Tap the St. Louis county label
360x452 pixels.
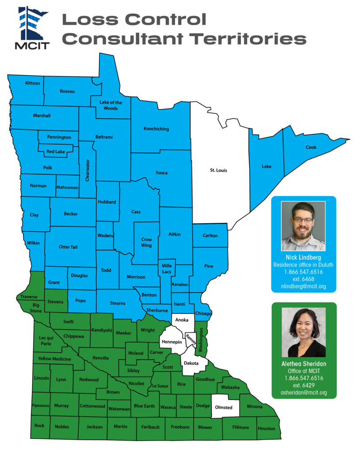218,170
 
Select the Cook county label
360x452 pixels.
311,147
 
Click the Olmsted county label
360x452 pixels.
224,407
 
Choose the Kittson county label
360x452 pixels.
33,83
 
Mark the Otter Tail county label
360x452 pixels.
68,247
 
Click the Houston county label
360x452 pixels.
266,428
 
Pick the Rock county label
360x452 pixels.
39,426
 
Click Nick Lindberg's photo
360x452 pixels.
303,226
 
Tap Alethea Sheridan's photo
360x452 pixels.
303,332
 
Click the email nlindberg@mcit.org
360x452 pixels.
304,286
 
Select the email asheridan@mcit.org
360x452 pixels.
303,392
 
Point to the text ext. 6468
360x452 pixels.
303,279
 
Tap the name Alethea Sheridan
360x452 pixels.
303,364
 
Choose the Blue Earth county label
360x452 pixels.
144,406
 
